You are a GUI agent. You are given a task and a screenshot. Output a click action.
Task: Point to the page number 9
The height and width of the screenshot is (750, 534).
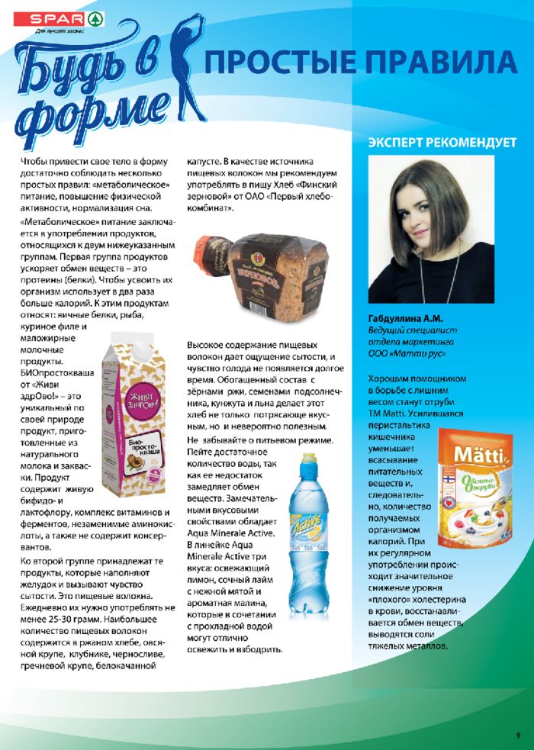pyautogui.click(x=518, y=735)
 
